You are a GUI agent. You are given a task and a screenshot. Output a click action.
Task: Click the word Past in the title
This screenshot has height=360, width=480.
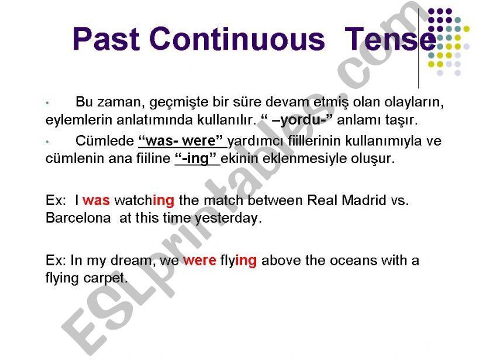(106, 39)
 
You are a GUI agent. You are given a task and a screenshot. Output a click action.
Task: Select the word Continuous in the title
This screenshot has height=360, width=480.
(237, 39)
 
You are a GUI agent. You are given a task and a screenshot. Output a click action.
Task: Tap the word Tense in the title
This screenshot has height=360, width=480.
(391, 39)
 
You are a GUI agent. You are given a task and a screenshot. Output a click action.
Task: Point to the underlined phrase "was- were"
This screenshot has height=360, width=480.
(181, 141)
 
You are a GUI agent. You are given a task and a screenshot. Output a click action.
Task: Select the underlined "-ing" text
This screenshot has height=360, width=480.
(196, 158)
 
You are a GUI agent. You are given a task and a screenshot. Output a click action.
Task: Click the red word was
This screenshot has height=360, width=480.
(96, 200)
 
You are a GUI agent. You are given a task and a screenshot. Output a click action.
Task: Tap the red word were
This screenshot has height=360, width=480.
(199, 261)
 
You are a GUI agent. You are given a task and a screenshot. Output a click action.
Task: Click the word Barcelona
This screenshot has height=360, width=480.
(78, 218)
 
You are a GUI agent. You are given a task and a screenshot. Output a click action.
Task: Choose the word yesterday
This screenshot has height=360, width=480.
(229, 219)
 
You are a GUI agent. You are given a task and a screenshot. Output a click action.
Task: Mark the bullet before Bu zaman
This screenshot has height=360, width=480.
(47, 103)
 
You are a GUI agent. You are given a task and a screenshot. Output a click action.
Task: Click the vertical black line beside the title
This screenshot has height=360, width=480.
(418, 49)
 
